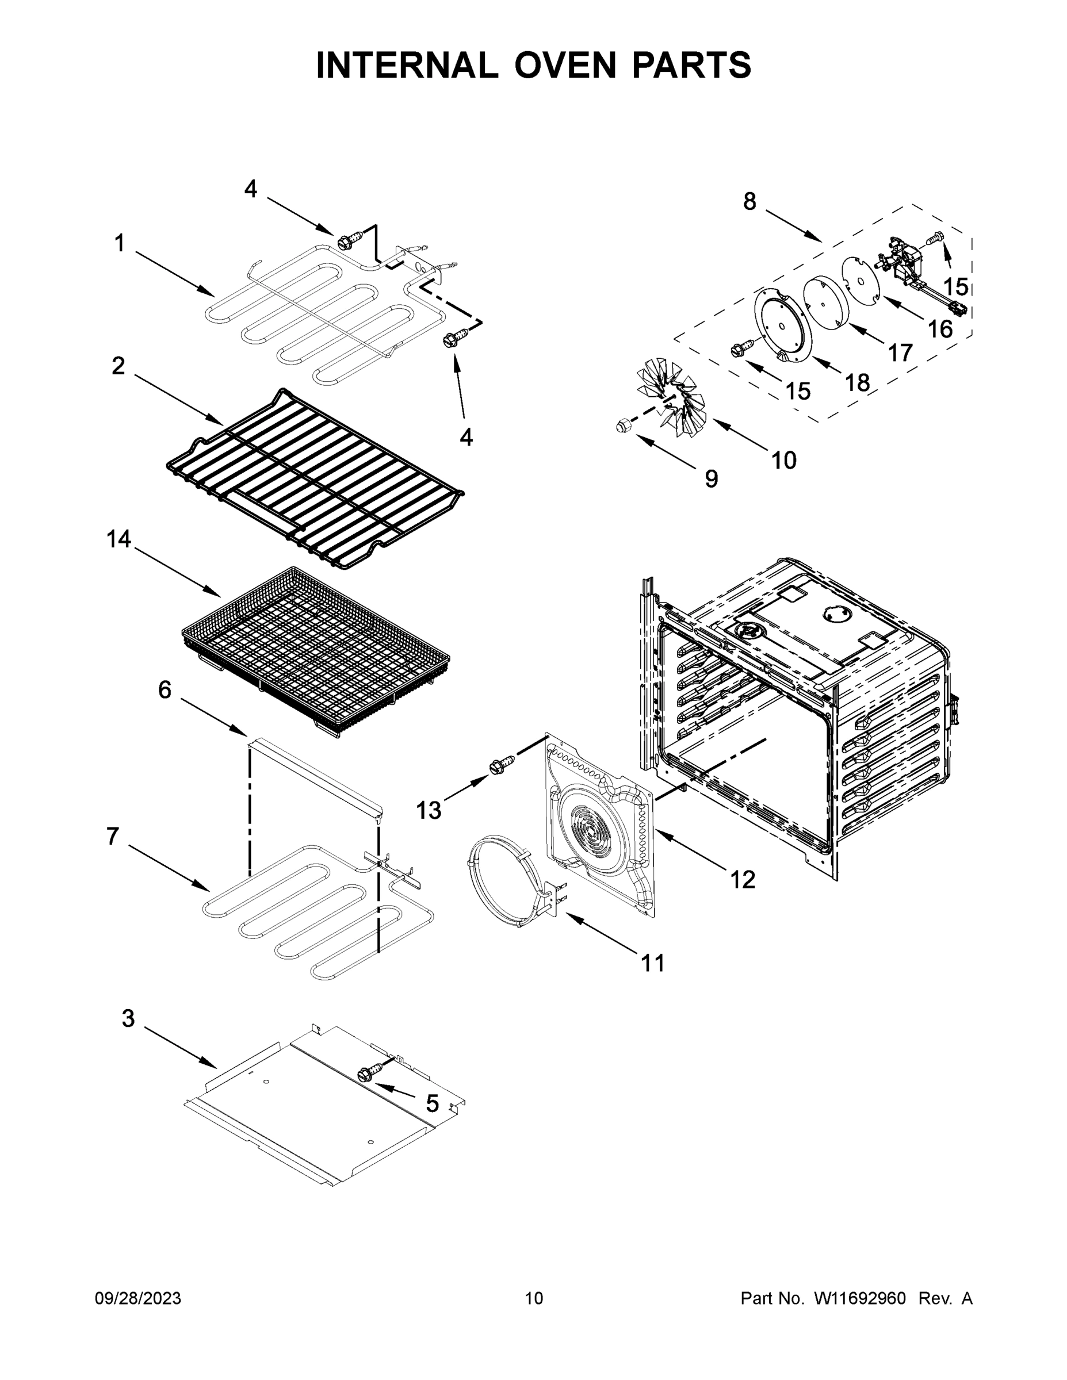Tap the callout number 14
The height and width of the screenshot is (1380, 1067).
pos(118,539)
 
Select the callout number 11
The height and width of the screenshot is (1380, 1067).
pos(653,963)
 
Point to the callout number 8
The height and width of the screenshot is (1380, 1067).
pos(749,202)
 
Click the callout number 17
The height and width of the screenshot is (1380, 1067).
pos(900,352)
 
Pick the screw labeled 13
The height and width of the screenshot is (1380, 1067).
pos(498,767)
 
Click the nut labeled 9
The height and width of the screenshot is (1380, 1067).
pos(622,427)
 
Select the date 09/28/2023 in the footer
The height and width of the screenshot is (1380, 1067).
pos(138,1298)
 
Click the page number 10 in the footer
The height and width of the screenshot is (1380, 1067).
pos(534,1298)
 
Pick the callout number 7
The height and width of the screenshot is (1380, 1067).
pos(113,836)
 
